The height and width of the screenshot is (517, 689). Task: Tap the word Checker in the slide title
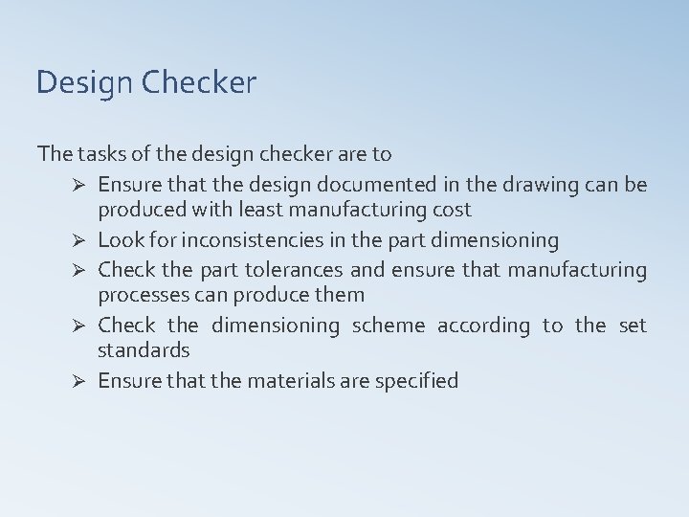pyautogui.click(x=199, y=83)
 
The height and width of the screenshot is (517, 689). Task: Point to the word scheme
pyautogui.click(x=389, y=326)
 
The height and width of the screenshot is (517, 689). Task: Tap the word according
pyautogui.click(x=483, y=326)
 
